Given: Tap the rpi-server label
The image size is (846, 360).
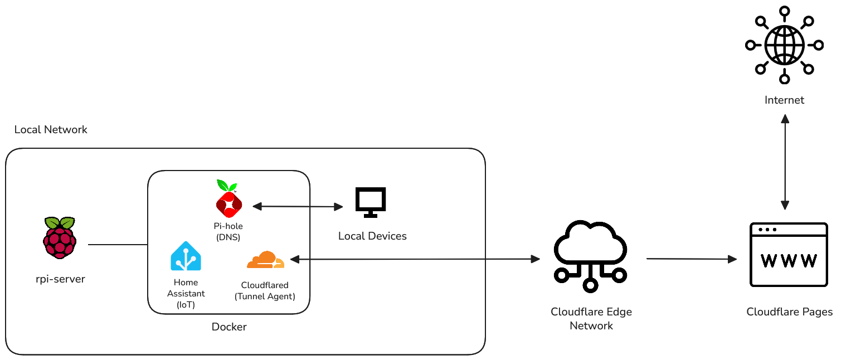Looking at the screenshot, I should tap(60, 279).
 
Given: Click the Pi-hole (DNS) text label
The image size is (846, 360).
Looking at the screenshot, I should tap(228, 232).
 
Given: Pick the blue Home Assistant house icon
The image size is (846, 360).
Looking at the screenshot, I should tap(186, 256).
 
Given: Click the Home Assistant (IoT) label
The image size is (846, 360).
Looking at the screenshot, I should tap(186, 293).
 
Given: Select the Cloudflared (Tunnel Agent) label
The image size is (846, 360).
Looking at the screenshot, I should tap(265, 291).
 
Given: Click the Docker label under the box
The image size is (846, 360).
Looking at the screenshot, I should tap(229, 327).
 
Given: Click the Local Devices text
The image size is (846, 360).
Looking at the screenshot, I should tap(372, 236).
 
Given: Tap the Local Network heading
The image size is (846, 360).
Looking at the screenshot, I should tap(51, 130).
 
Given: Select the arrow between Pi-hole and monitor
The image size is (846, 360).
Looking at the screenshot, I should tap(298, 207).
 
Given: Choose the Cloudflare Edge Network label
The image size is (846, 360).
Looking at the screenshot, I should tap(591, 319).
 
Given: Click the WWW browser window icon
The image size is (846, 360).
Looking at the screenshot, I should tap(789, 255).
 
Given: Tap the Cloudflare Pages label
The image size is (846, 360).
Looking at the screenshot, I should tap(789, 312).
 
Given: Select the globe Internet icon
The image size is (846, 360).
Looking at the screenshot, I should tap(784, 45).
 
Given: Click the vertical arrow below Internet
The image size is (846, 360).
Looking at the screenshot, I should tap(785, 162).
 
